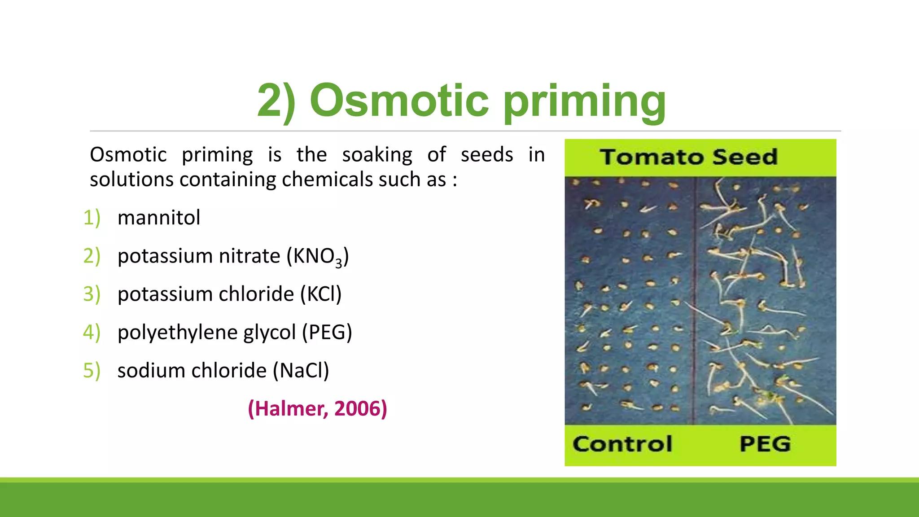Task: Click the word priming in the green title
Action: click(584, 102)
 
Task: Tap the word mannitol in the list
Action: click(158, 218)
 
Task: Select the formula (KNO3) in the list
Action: click(318, 257)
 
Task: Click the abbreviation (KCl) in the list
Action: click(320, 294)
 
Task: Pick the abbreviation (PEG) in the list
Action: click(327, 333)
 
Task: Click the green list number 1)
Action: click(92, 218)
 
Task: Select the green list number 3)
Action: click(92, 294)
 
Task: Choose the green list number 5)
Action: click(92, 371)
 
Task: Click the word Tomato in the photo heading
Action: click(652, 157)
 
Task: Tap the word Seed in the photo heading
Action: click(744, 157)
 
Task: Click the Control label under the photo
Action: click(622, 444)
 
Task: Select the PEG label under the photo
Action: click(765, 444)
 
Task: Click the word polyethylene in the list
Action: click(177, 333)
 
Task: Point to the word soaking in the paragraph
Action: click(377, 155)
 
